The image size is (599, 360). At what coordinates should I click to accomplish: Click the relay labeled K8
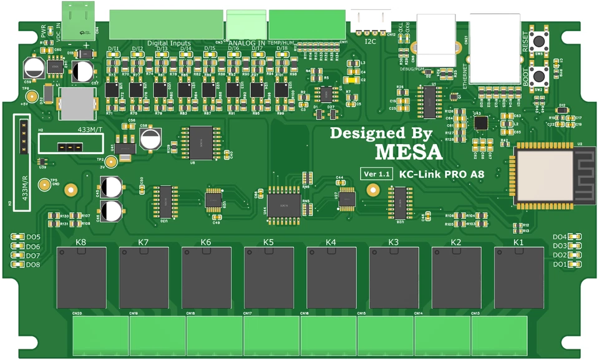pyautogui.click(x=81, y=277)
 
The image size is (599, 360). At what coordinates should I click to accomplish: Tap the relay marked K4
pyautogui.click(x=331, y=277)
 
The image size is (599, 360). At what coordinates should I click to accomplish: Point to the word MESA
pyautogui.click(x=409, y=152)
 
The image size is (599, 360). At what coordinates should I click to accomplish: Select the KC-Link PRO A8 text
pyautogui.click(x=442, y=175)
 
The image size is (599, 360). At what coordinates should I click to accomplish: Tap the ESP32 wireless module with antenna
pyautogui.click(x=543, y=174)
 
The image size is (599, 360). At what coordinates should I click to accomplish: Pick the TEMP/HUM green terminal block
pyautogui.click(x=307, y=25)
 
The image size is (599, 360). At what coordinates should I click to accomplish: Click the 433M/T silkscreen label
pyautogui.click(x=90, y=129)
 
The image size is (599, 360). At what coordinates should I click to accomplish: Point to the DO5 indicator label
pyautogui.click(x=32, y=238)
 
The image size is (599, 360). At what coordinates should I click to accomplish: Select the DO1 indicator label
pyautogui.click(x=560, y=265)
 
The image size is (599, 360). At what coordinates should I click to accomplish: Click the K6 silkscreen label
pyautogui.click(x=206, y=242)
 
